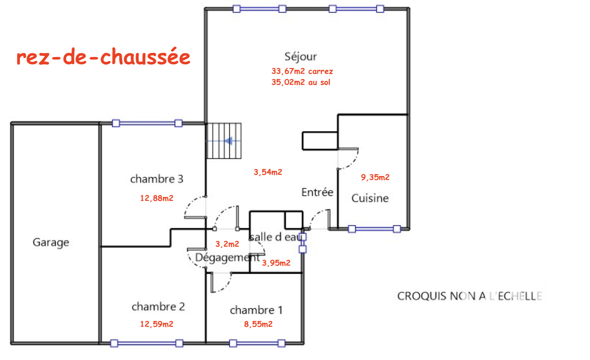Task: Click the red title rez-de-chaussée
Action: [x=103, y=57]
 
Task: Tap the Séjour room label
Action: [x=301, y=57]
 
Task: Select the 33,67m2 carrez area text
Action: [x=302, y=71]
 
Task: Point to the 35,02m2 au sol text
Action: [x=301, y=82]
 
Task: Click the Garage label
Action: [x=51, y=242]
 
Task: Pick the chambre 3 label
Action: [x=157, y=179]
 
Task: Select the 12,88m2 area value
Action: [x=156, y=198]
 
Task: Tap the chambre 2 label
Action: [x=158, y=307]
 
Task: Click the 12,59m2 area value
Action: [x=156, y=324]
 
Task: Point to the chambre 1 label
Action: [x=256, y=310]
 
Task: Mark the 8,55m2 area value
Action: [x=258, y=324]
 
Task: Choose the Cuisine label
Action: [x=370, y=198]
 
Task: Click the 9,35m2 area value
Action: [x=375, y=177]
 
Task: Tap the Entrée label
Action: [x=317, y=193]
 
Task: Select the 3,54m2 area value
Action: [x=268, y=172]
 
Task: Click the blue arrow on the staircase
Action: [x=228, y=141]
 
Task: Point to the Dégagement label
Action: [x=227, y=258]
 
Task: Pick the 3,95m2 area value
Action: [x=276, y=263]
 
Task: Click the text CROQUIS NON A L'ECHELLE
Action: [x=470, y=296]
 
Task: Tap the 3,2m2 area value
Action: [x=227, y=244]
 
